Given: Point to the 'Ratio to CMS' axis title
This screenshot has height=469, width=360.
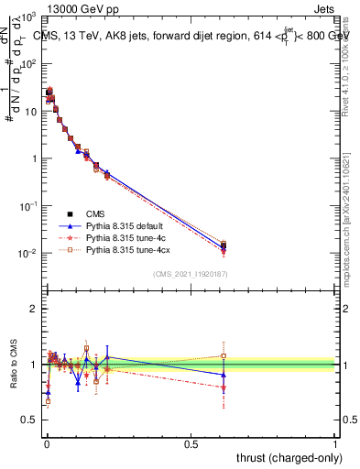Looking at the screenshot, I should click(14, 363).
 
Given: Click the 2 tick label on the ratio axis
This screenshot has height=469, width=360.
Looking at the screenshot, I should click(33, 309).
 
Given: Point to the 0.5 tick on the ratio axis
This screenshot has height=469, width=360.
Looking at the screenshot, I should click(29, 420).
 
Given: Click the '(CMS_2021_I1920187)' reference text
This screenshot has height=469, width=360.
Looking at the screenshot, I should click(191, 274).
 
